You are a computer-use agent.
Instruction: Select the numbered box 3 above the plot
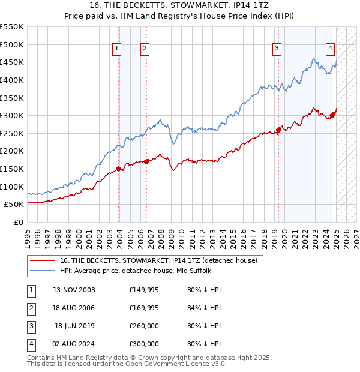coord(277,49)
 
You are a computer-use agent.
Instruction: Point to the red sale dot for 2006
coord(147,161)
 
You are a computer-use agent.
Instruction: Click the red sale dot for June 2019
coord(279,129)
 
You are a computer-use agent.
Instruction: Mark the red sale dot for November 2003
coord(119,169)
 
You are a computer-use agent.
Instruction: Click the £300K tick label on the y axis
coord(12,115)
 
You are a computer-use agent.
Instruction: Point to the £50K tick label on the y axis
coord(14,205)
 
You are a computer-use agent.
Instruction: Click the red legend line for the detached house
coord(42,260)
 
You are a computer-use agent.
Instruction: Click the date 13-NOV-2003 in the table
coord(74,290)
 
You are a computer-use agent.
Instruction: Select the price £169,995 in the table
coord(144,308)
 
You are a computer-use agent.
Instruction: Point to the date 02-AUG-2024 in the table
coord(74,344)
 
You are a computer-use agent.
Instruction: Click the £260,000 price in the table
coord(144,326)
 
